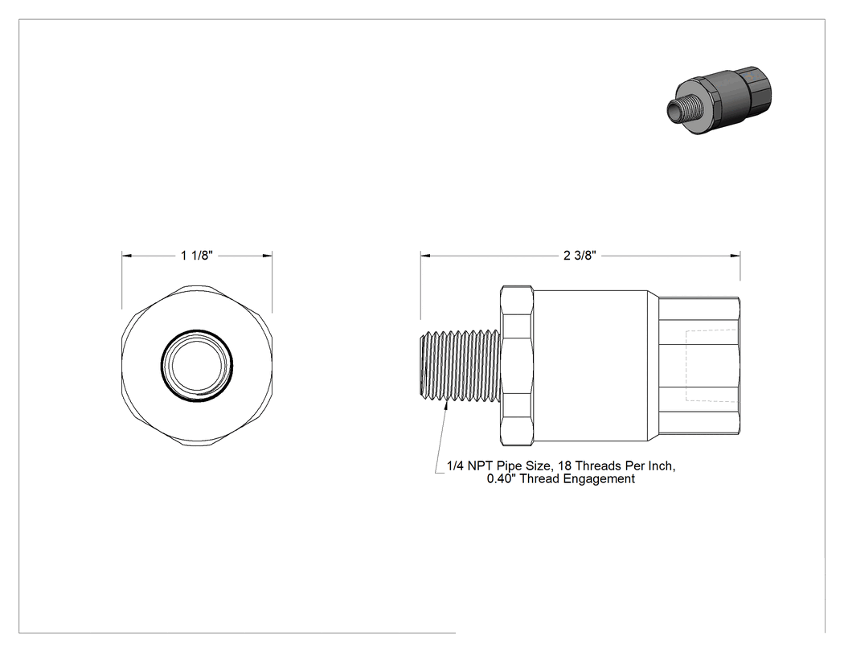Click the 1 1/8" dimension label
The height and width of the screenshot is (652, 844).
[197, 255]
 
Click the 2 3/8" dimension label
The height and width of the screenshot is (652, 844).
[580, 255]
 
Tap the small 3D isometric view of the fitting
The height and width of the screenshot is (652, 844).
[719, 100]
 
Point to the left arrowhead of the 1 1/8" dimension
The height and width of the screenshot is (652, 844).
[126, 255]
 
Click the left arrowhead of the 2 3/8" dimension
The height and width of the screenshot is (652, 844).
[425, 255]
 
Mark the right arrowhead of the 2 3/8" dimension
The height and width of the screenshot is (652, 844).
[735, 255]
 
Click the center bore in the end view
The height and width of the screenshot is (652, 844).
[197, 365]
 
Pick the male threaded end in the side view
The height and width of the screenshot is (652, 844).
[460, 366]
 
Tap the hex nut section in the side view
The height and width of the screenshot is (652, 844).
[517, 366]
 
